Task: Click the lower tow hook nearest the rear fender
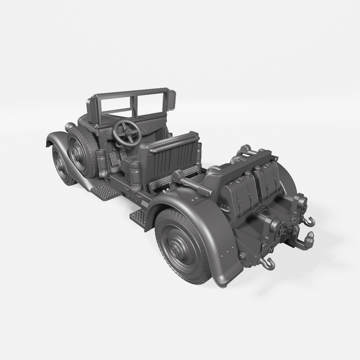268,263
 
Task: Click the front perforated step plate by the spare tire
106,191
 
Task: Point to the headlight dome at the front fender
69,126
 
